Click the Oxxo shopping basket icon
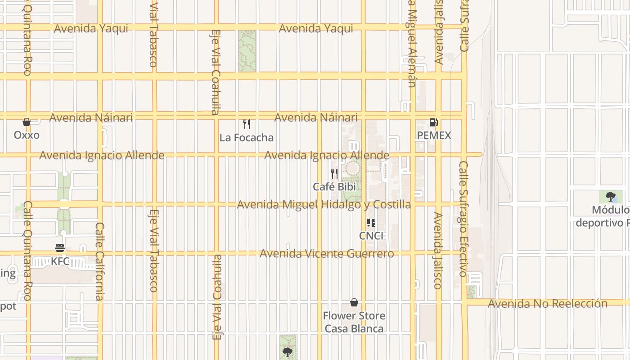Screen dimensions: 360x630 27,122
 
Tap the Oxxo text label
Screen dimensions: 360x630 27,135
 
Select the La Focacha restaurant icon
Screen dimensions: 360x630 247,124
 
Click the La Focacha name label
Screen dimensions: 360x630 247,138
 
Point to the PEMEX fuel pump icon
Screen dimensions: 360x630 434,122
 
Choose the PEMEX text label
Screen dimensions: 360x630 434,136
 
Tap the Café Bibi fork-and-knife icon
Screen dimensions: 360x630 334,174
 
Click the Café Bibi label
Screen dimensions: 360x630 334,187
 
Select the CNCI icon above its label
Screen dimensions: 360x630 371,223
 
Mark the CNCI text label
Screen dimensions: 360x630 371,236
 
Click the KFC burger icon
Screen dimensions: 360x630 60,248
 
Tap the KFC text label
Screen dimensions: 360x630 60,261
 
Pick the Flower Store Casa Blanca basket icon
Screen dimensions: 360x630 354,302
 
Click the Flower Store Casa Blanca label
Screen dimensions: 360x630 354,322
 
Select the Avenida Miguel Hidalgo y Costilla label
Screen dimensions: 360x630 324,205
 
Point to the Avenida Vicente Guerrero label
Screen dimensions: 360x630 327,254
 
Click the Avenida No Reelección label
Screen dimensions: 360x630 548,304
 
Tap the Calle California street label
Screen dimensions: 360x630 99,261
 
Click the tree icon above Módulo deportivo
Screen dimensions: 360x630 611,196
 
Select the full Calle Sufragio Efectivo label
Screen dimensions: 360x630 463,219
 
